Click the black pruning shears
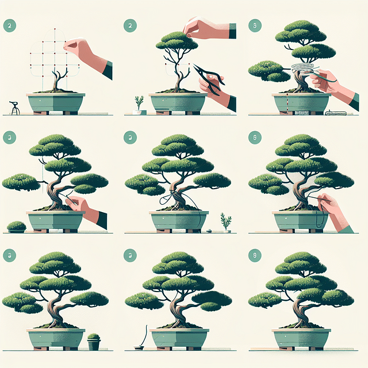click(209, 78)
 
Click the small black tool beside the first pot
click(14, 108)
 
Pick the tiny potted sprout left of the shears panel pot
click(139, 105)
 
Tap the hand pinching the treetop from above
click(201, 27)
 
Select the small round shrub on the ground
click(17, 227)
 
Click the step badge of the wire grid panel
click(9, 25)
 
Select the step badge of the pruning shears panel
click(131, 25)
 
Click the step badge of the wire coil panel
click(254, 25)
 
